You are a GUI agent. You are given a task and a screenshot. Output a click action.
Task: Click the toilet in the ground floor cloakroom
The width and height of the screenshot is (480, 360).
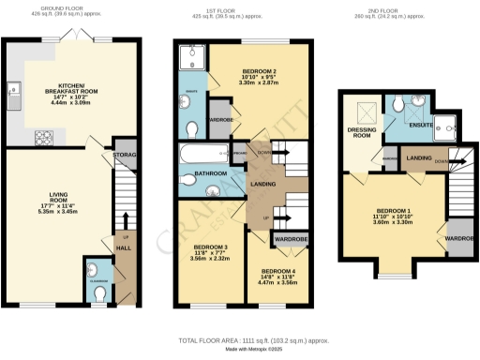99,292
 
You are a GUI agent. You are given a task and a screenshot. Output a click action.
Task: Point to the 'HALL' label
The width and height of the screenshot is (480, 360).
123,248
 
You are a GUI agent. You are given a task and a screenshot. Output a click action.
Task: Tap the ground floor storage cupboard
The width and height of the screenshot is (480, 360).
124,156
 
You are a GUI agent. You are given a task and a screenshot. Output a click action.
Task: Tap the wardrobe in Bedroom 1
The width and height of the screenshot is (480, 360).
459,237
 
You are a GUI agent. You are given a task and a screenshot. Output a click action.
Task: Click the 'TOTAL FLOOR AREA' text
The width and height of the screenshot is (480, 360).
217,338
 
